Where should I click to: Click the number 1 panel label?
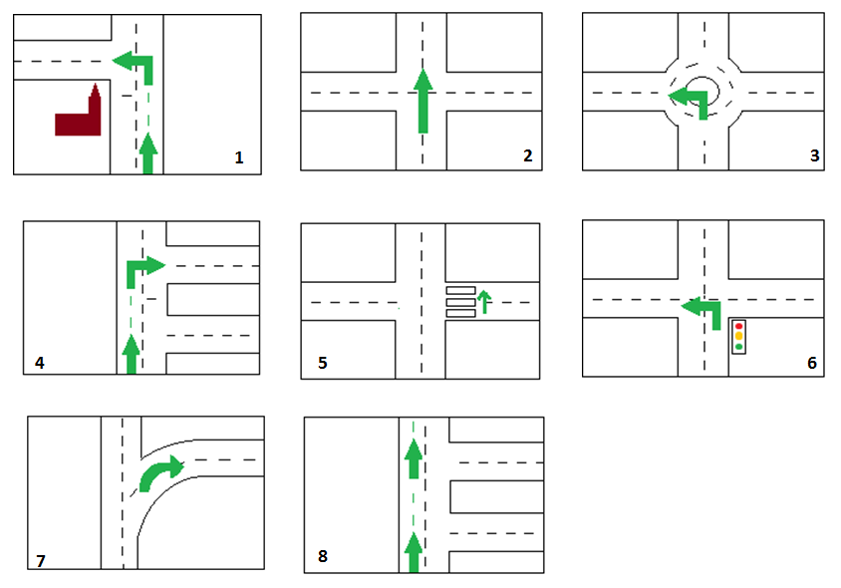[x=239, y=157]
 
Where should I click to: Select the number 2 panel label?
[x=528, y=155]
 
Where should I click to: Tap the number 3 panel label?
[x=815, y=155]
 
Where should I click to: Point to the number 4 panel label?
[x=40, y=363]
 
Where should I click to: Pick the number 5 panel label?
[x=322, y=363]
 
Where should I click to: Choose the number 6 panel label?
[x=812, y=363]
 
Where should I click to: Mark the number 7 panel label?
[x=41, y=561]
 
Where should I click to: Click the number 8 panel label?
[x=322, y=556]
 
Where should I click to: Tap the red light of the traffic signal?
[x=738, y=326]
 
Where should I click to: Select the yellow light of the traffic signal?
[x=738, y=336]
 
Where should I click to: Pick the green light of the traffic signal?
[x=738, y=347]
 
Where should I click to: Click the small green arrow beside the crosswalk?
[x=484, y=302]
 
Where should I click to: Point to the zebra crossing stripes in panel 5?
[x=460, y=302]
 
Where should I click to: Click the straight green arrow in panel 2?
[x=423, y=101]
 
